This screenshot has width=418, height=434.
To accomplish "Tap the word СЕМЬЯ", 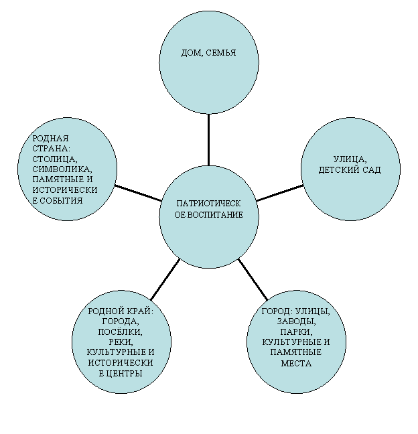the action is pyautogui.click(x=221, y=52).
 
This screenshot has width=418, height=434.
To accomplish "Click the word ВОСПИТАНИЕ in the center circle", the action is pyautogui.click(x=215, y=214).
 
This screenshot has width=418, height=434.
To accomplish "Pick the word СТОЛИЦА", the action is pyautogui.click(x=55, y=159).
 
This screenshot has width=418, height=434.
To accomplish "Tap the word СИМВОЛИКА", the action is pyautogui.click(x=62, y=169).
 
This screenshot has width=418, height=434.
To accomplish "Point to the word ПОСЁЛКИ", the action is pyautogui.click(x=120, y=332).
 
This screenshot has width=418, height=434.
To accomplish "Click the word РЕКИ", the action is pyautogui.click(x=121, y=342).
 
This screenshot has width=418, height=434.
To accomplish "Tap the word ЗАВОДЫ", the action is pyautogui.click(x=297, y=321).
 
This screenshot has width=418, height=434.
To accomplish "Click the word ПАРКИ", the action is pyautogui.click(x=296, y=332).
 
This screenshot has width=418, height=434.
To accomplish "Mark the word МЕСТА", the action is pyautogui.click(x=296, y=363).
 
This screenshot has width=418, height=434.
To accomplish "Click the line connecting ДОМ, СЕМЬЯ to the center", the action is pyautogui.click(x=208, y=140).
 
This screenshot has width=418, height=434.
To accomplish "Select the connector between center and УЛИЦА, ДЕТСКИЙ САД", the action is pyautogui.click(x=279, y=193).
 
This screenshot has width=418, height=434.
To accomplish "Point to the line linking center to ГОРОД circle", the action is pyautogui.click(x=253, y=279).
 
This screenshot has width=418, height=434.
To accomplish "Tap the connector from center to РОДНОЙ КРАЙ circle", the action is pyautogui.click(x=165, y=279).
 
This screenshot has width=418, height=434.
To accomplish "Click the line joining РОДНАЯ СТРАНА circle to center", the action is pyautogui.click(x=138, y=193).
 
